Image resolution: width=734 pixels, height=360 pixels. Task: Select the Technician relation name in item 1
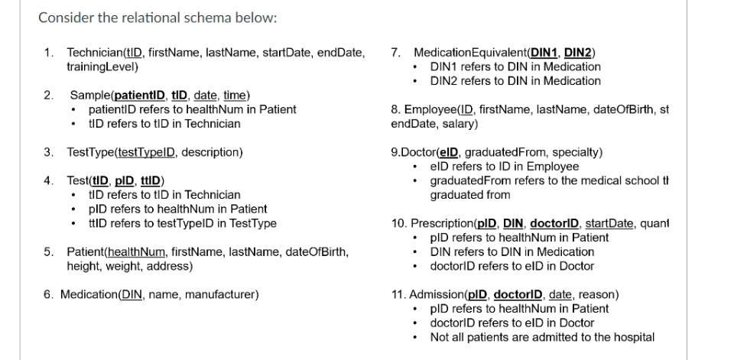[95, 53]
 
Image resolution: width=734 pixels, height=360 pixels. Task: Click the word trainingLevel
[102, 67]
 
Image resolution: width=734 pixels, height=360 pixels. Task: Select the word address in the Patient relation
[172, 266]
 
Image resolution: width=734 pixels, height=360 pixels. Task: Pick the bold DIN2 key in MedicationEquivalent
[578, 53]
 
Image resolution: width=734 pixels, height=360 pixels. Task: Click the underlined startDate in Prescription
[611, 223]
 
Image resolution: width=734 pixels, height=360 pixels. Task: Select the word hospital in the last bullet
[632, 337]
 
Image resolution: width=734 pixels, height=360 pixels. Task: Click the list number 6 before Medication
[47, 294]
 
